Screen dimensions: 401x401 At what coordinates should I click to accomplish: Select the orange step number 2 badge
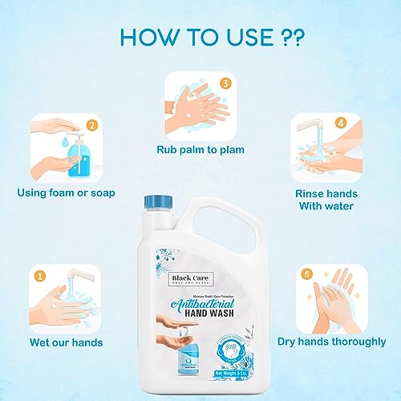coord(93,125)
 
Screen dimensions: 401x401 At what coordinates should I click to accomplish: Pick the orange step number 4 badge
coord(340,124)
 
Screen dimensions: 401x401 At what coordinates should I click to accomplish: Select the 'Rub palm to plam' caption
coord(200,149)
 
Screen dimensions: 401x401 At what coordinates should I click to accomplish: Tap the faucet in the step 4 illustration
coord(322,125)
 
